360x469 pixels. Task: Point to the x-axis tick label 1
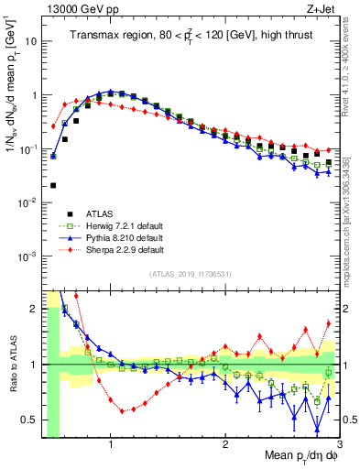point(111,446)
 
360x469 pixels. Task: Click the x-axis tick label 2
point(225,446)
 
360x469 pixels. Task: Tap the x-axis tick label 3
point(338,446)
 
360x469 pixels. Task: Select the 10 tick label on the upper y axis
point(30,42)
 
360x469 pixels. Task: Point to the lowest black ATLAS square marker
point(53,185)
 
